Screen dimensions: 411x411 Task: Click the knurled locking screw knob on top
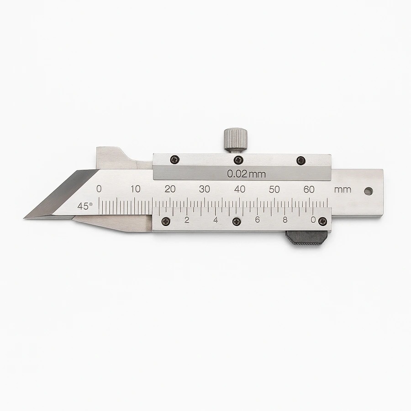235,139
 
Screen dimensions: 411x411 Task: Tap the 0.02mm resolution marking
247,174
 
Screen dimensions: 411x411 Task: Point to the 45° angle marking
84,206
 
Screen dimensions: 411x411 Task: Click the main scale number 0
99,189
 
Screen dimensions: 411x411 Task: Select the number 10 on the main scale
136,189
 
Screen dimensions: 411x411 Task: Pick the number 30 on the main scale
205,189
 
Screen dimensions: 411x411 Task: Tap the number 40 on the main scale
240,189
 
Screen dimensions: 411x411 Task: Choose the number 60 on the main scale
309,189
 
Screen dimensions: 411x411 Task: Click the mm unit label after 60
342,190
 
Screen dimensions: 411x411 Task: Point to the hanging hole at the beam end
369,191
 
